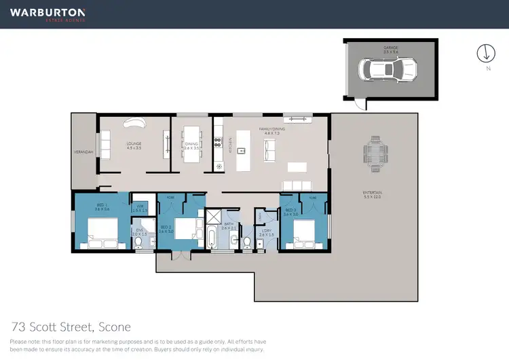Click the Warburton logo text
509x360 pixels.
coord(47,12)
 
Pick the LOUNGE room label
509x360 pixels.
coord(133,144)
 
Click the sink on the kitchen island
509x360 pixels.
coord(240,149)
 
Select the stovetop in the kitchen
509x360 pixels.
coord(219,142)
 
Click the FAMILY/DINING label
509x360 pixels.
coord(269,129)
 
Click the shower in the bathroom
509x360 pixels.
coord(213,217)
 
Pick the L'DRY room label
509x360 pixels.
coord(265,233)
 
